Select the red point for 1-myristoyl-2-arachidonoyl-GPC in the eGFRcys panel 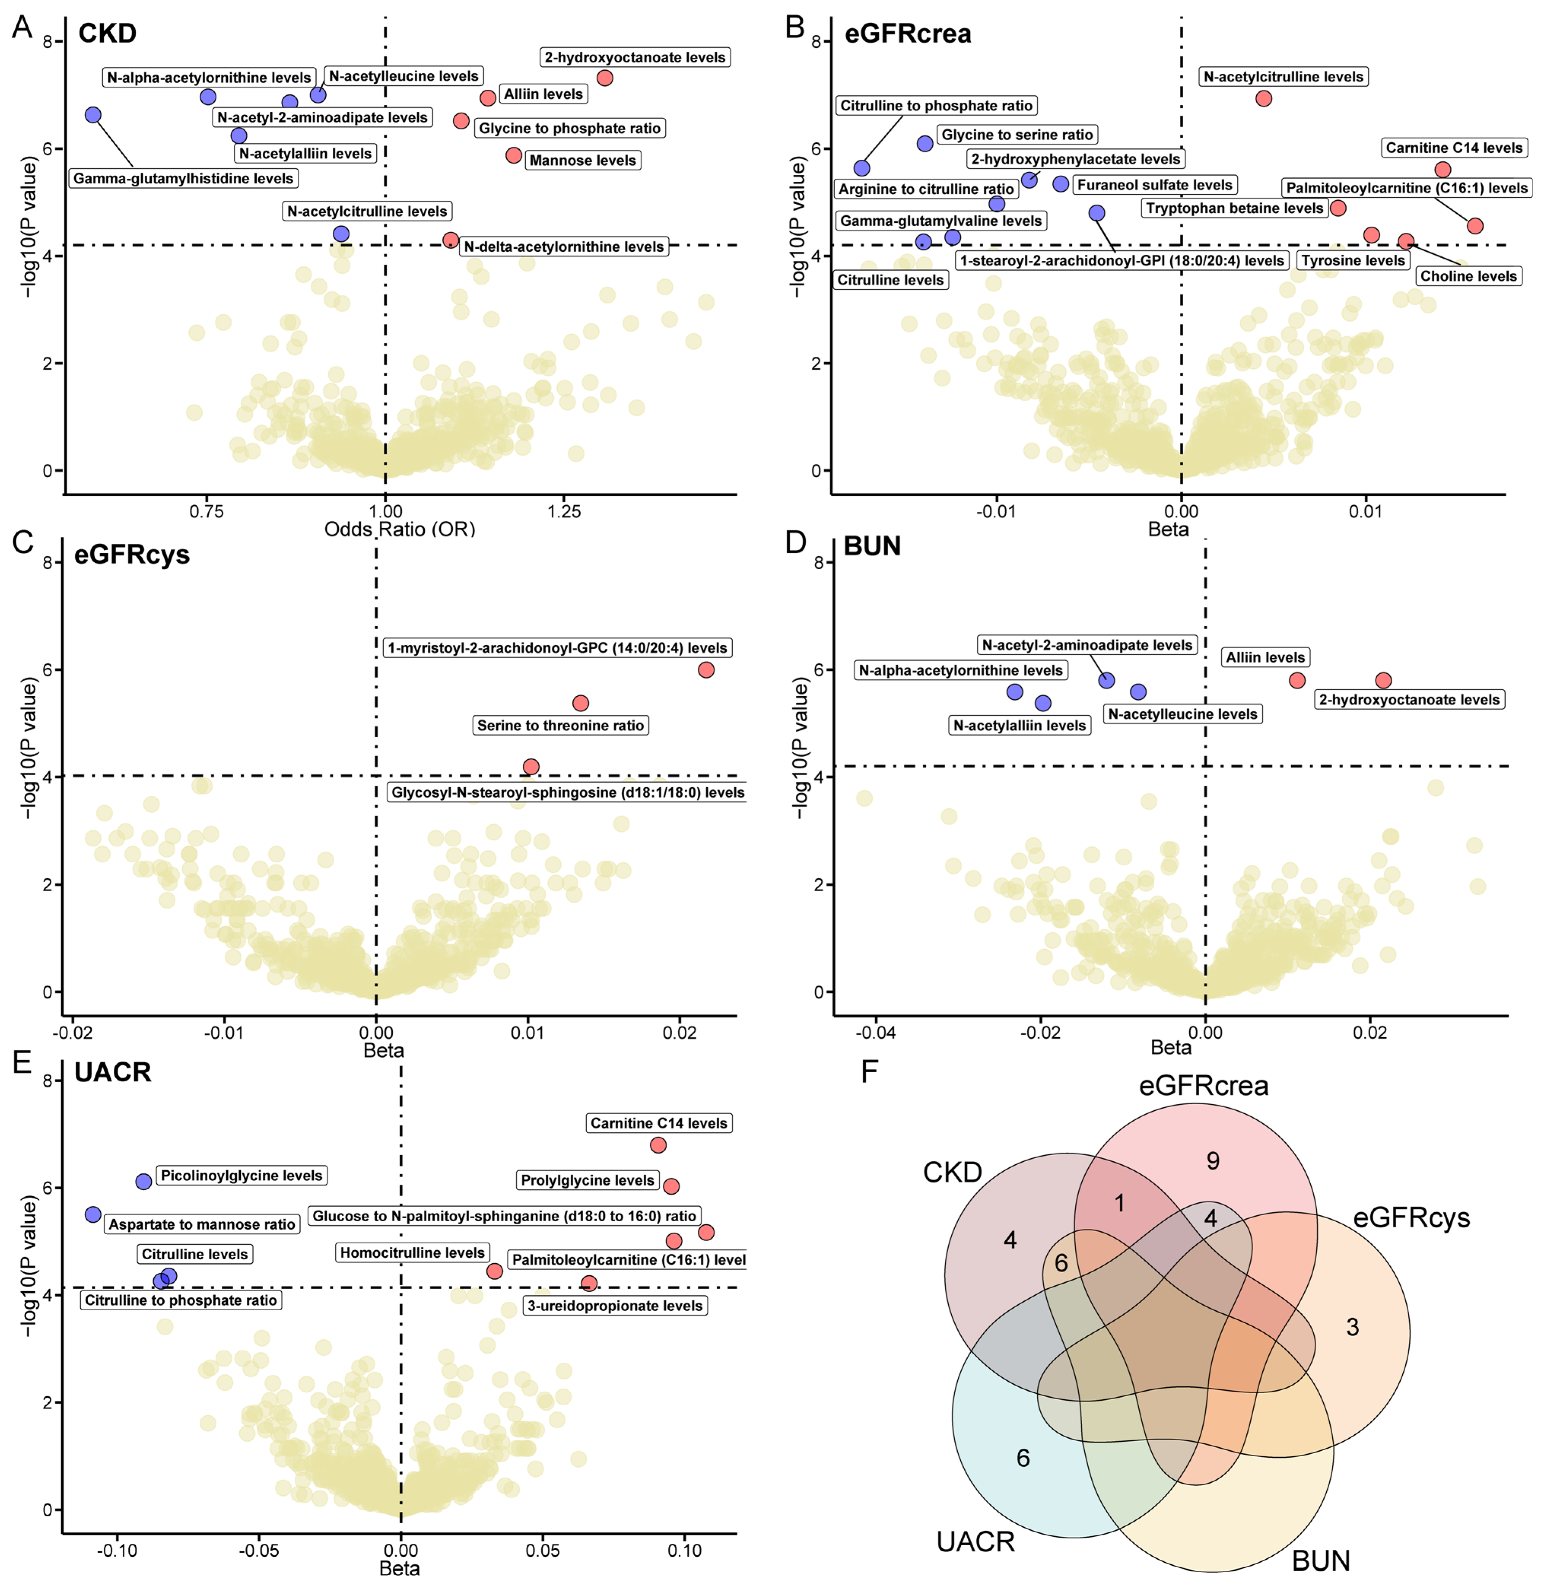[706, 670]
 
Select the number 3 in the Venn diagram [1352, 1327]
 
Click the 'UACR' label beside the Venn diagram [975, 1541]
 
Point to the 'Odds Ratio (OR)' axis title [400, 529]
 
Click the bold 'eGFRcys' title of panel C [132, 554]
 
